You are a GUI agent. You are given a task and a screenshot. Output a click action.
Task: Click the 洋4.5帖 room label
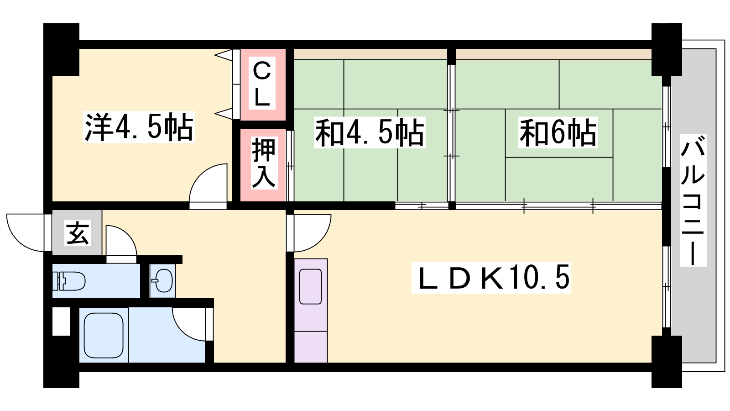(139, 127)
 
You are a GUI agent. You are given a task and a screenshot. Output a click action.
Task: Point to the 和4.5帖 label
(370, 132)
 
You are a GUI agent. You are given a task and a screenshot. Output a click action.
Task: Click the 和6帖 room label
(558, 132)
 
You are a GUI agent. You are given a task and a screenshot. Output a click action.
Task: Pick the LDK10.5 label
(491, 277)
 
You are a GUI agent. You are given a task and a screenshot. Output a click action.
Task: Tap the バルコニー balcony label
(693, 200)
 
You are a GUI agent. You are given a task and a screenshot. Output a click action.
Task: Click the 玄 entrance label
(78, 233)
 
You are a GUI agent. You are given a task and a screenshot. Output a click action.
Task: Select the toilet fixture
(68, 280)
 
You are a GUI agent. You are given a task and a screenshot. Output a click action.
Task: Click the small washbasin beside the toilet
(162, 280)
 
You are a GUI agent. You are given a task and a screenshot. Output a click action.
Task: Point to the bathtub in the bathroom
(104, 335)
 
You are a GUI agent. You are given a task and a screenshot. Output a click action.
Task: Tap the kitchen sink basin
(310, 287)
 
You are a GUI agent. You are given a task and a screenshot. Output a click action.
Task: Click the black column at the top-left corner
(61, 49)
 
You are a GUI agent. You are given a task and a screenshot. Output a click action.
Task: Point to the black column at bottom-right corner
(667, 362)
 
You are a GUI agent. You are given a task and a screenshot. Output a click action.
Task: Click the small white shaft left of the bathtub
(61, 321)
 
